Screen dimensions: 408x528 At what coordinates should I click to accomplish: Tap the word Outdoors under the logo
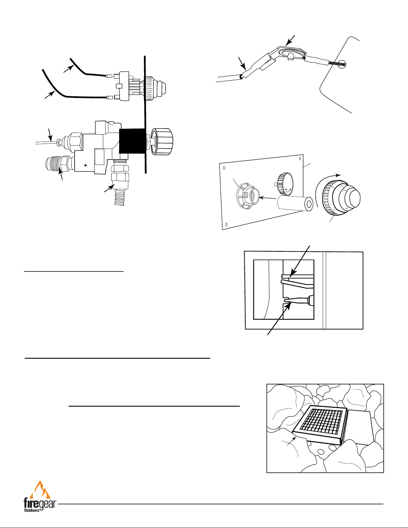click(32, 510)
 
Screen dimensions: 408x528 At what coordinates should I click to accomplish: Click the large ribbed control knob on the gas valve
click(162, 142)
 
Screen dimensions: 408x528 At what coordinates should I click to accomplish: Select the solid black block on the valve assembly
click(132, 141)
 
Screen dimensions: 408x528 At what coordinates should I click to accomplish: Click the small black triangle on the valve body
click(85, 165)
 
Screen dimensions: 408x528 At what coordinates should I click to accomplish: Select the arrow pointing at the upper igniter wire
click(68, 69)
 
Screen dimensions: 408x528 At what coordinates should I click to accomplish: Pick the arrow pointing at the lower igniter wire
click(49, 95)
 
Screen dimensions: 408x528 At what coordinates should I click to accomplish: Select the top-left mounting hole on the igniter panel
click(224, 168)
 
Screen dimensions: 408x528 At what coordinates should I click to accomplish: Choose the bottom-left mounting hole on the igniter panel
click(226, 224)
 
